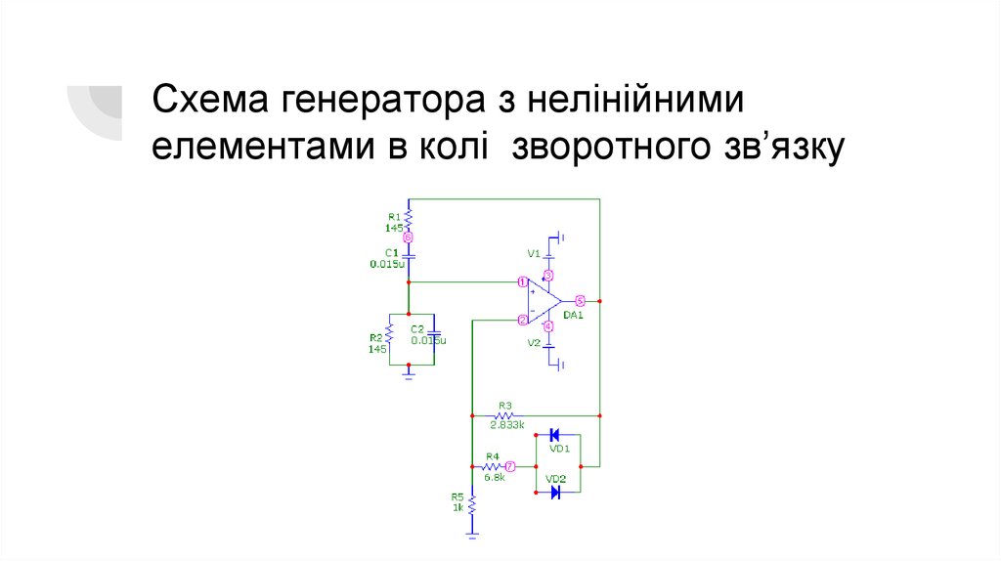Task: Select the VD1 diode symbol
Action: point(554,435)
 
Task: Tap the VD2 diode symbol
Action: point(554,492)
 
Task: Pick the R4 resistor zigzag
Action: point(492,466)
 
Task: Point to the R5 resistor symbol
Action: point(472,506)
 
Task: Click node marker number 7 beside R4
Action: point(510,466)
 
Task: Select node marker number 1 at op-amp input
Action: point(523,281)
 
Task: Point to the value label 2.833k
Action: point(507,425)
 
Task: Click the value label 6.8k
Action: point(494,477)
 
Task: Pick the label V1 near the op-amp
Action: point(534,253)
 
